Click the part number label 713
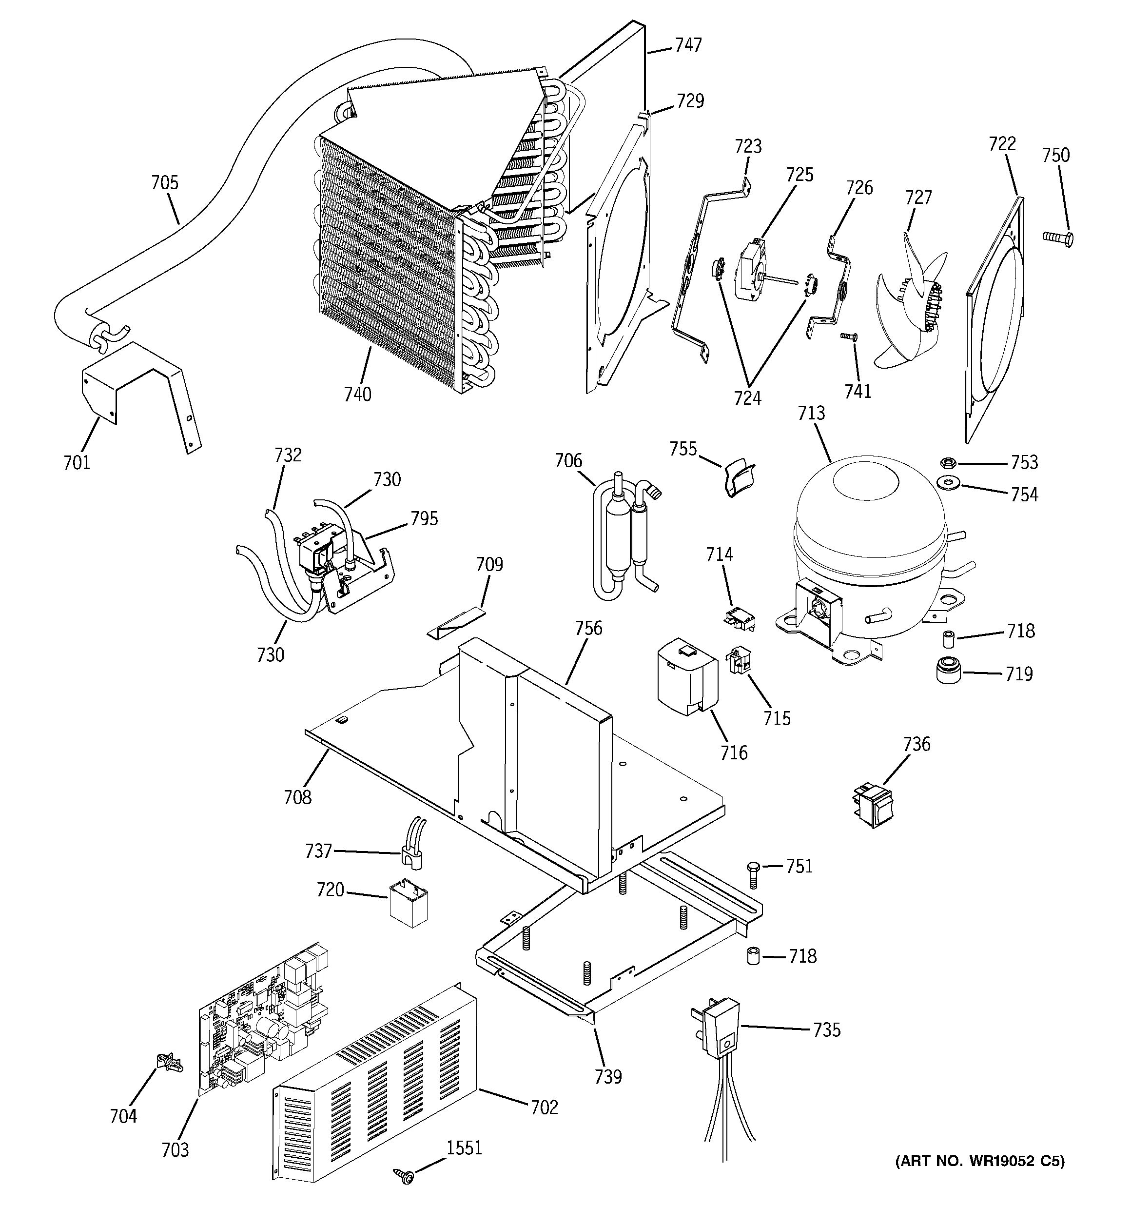(x=811, y=414)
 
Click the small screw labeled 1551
(x=404, y=1175)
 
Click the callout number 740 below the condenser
(x=357, y=395)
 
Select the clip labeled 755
(x=737, y=478)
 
